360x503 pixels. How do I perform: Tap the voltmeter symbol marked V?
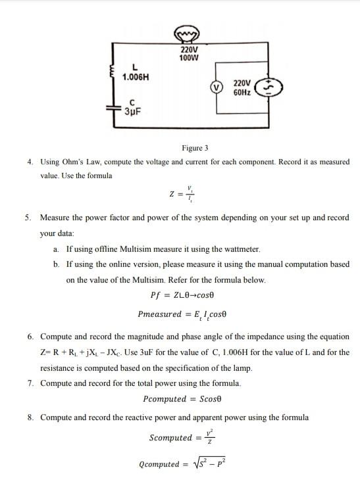(x=215, y=87)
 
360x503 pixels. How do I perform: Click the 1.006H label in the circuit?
(x=136, y=77)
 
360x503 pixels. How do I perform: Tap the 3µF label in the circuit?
(x=132, y=110)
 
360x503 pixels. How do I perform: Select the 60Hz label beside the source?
(x=242, y=93)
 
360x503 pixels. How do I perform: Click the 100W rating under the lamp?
(x=190, y=57)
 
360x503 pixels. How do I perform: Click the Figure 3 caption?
(x=195, y=148)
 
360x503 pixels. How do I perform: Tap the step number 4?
(x=30, y=161)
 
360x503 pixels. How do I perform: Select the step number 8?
(x=30, y=417)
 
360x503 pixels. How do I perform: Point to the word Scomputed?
(x=170, y=438)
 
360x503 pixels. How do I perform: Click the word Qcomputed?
(x=159, y=464)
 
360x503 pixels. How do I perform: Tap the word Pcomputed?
(x=165, y=399)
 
